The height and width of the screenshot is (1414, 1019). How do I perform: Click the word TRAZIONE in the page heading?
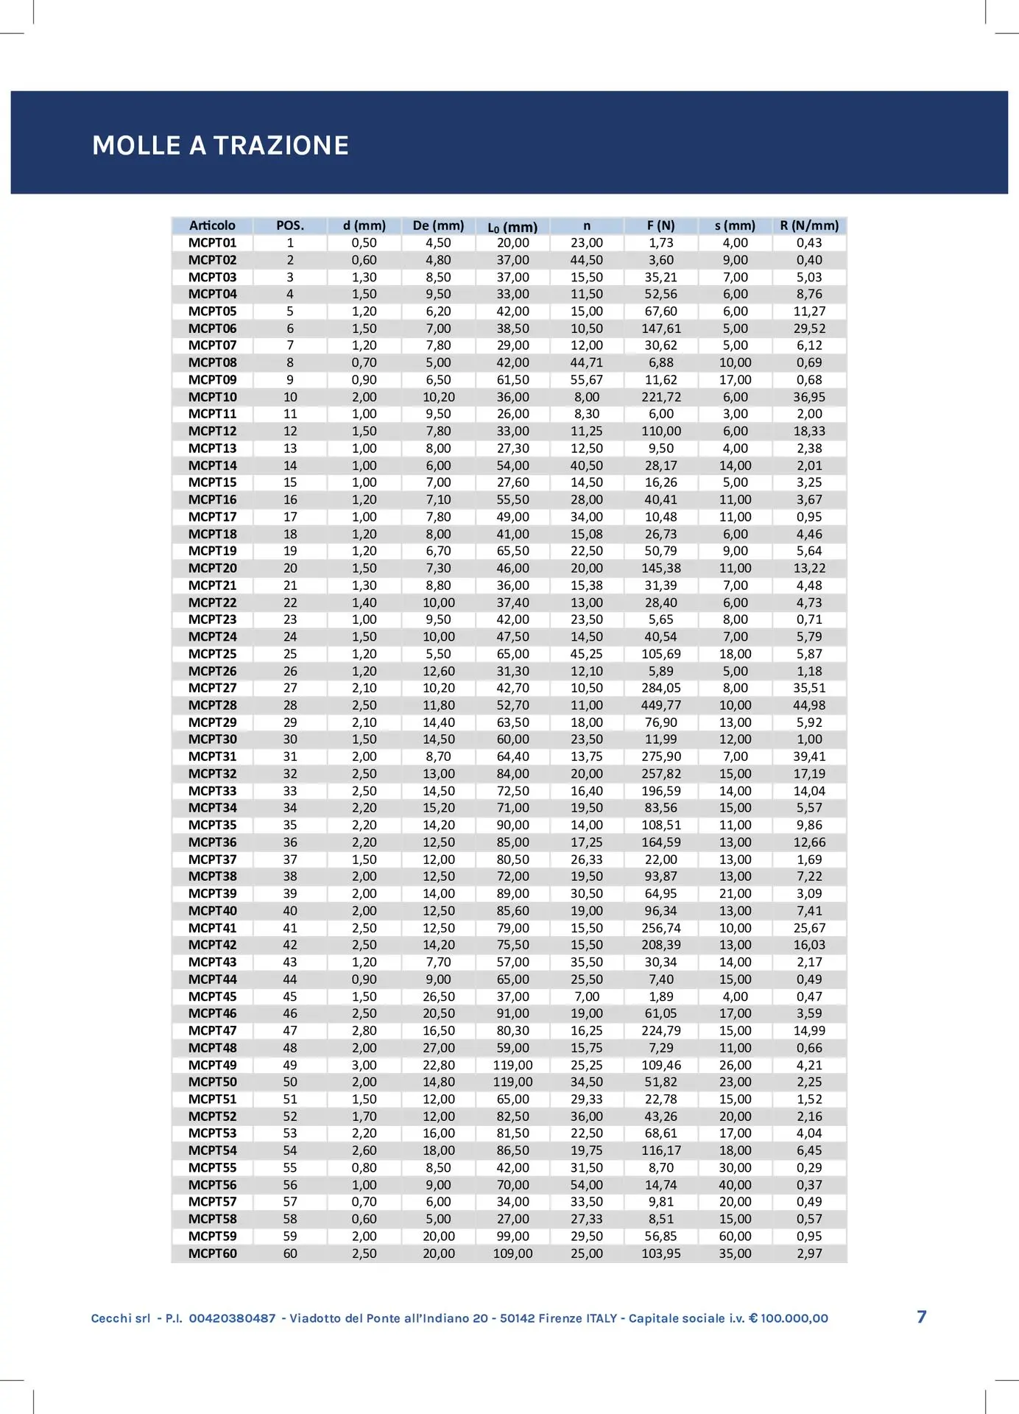coord(281,146)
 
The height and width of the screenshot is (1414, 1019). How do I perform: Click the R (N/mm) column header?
coord(809,225)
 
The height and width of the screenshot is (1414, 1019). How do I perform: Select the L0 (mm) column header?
coord(512,227)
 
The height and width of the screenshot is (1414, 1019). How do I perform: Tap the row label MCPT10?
coord(212,397)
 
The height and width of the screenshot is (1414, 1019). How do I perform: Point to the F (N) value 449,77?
coord(661,705)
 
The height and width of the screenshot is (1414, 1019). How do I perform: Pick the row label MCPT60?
coord(212,1253)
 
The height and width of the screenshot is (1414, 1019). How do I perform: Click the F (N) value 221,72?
coord(661,397)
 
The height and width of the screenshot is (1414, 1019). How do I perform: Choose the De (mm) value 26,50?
coord(439,996)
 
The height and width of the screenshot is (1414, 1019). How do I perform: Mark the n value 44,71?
coord(587,362)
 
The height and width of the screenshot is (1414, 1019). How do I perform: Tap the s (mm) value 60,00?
coord(735,1236)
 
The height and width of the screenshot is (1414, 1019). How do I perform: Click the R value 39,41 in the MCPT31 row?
coord(809,756)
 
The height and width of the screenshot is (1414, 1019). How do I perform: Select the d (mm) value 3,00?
coord(364,1065)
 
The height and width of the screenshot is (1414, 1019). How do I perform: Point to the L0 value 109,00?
coord(512,1253)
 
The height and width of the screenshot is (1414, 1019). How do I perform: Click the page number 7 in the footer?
coord(922,1317)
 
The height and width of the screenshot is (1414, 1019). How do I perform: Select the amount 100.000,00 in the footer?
coord(794,1318)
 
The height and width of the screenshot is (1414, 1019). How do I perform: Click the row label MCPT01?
coord(212,243)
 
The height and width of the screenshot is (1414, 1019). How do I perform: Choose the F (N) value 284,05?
coord(661,688)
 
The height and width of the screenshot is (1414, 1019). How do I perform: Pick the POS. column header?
coord(290,225)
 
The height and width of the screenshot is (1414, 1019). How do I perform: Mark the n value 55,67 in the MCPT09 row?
coord(587,380)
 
